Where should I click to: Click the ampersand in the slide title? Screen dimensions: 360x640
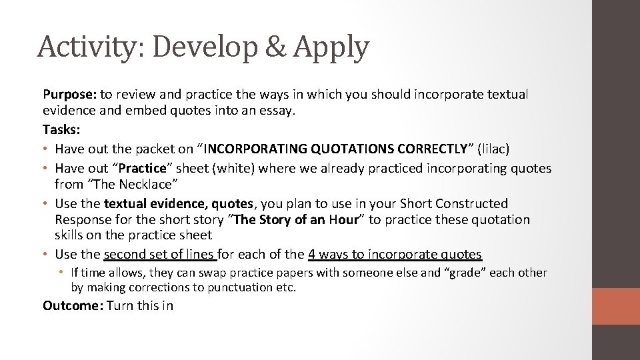point(273,47)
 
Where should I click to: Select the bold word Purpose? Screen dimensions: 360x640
point(69,95)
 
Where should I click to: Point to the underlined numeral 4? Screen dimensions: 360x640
point(312,254)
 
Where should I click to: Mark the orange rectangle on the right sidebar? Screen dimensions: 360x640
point(616,307)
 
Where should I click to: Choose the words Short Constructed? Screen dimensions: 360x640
point(453,203)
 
